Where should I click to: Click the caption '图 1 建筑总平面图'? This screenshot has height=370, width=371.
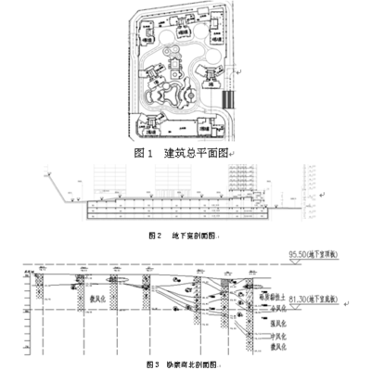pos(185,151)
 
